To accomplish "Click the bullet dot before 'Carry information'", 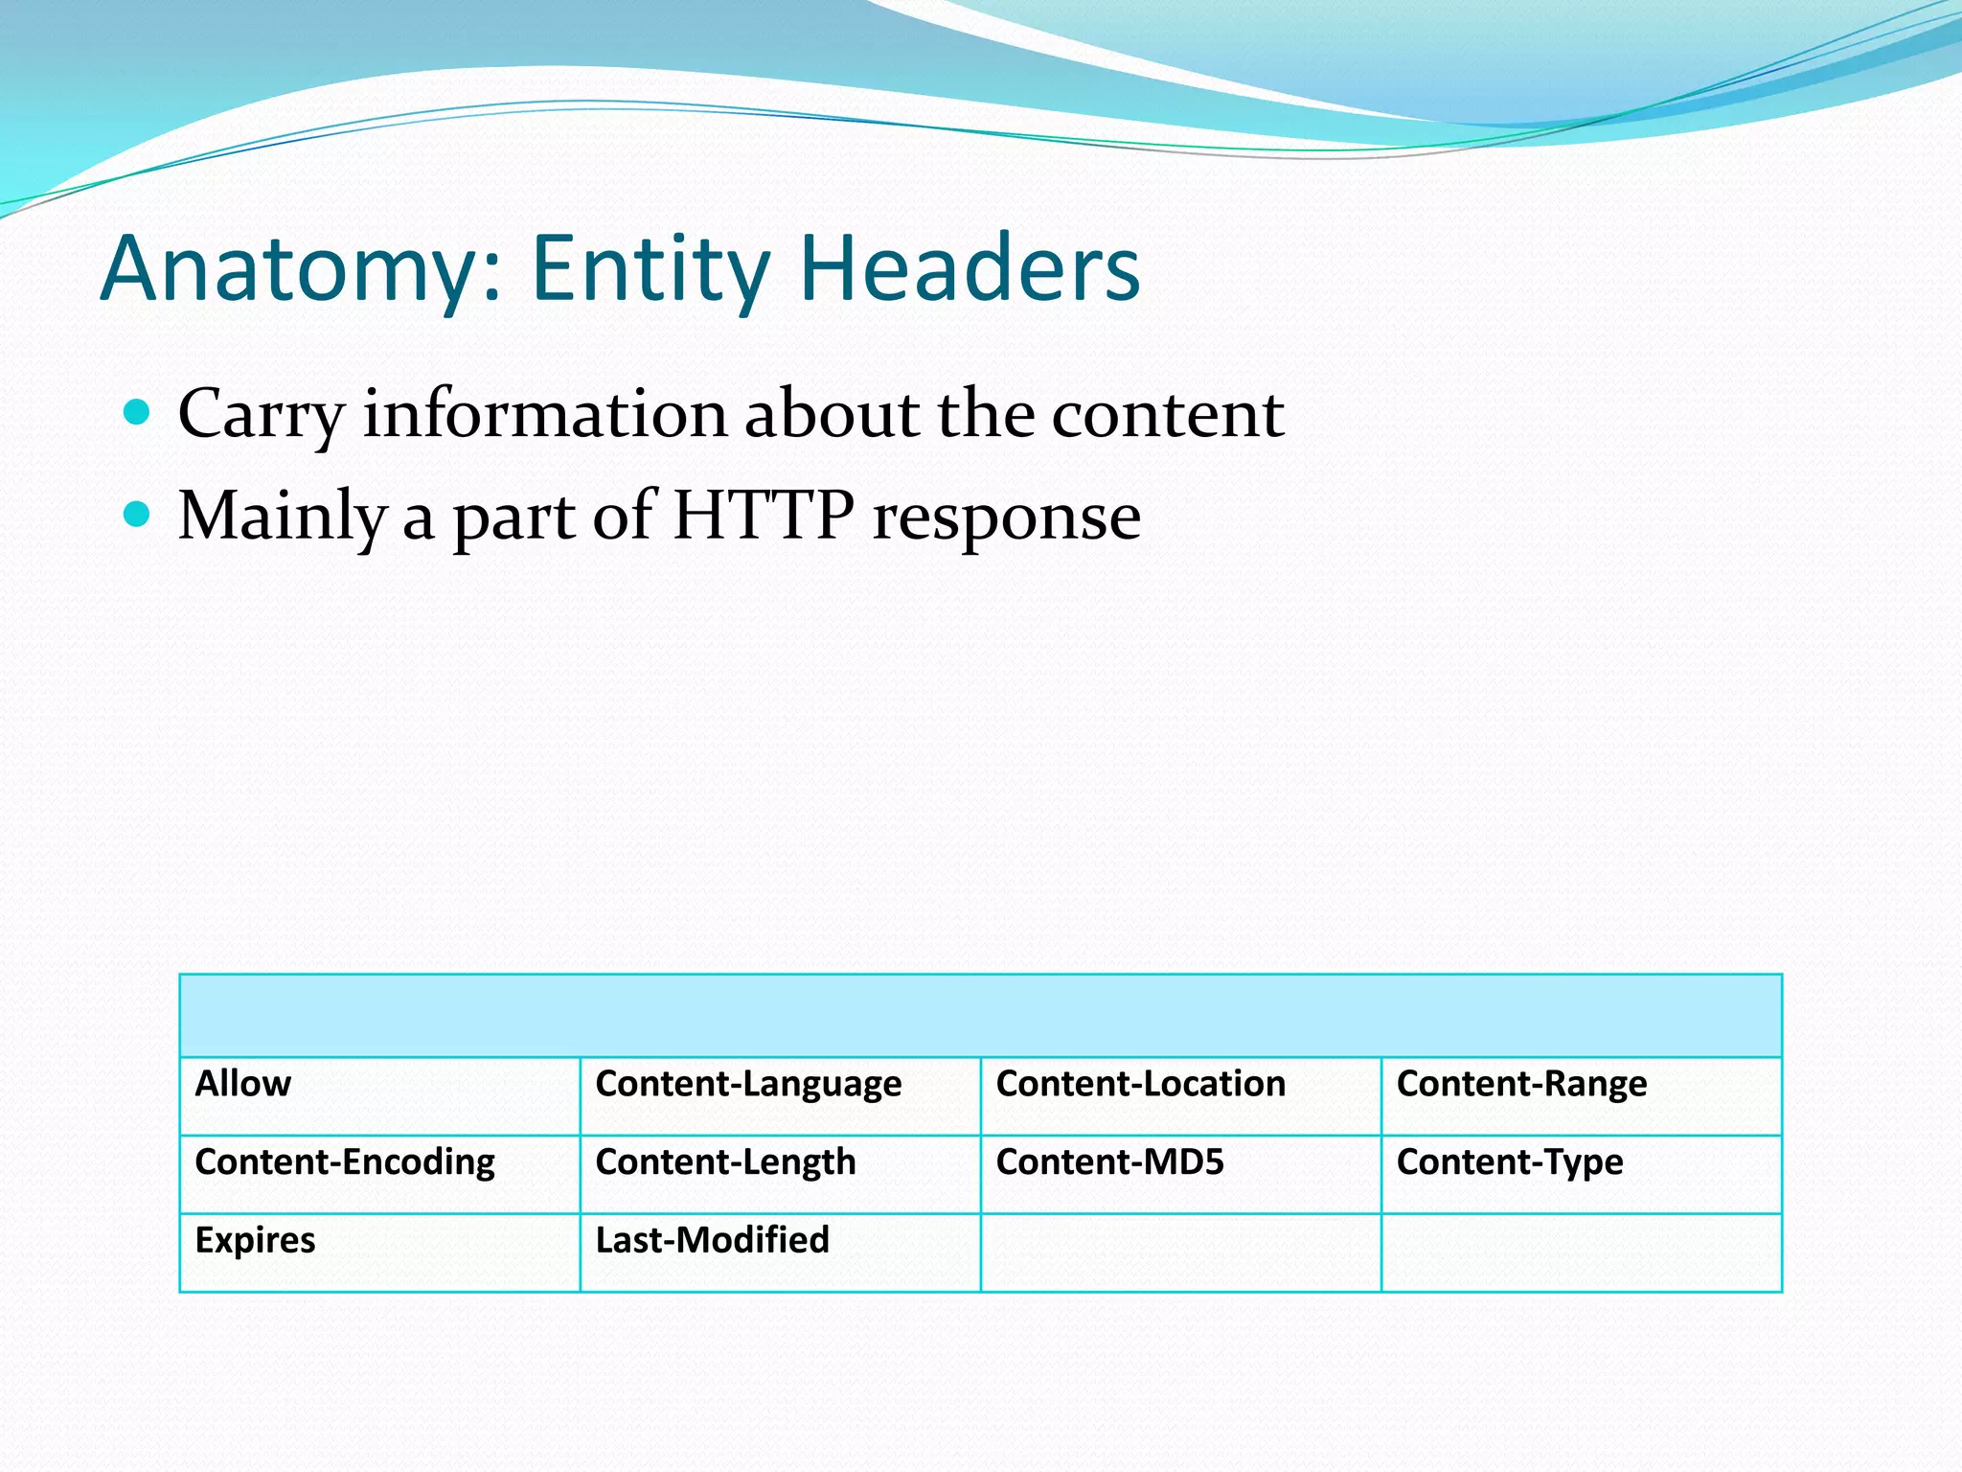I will [x=138, y=413].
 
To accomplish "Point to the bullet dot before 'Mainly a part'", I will [x=138, y=515].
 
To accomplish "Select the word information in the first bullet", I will [x=544, y=414].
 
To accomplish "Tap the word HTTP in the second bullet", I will [x=763, y=516].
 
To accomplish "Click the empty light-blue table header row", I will [x=980, y=1016].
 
